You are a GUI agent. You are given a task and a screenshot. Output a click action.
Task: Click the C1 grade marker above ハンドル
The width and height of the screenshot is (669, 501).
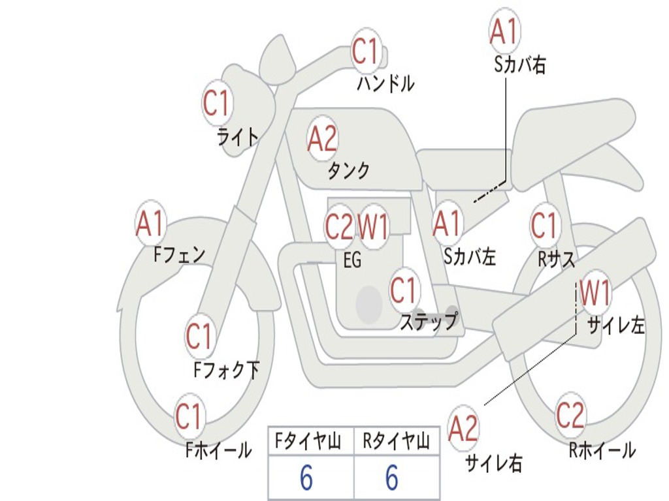pos(366,51)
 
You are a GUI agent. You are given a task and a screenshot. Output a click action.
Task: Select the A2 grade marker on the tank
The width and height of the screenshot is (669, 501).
pos(322,138)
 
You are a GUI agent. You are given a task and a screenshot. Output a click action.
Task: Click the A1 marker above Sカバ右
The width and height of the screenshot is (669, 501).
pos(504,31)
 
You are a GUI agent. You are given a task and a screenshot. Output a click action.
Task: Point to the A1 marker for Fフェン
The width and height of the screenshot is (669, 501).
pos(151,224)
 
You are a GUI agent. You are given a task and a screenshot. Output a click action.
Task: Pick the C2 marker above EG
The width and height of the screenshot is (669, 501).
pos(339,226)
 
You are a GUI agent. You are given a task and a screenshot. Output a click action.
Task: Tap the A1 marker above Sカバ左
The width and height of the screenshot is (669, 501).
pos(448,224)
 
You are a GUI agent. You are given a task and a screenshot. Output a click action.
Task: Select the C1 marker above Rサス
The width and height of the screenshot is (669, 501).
pos(544,226)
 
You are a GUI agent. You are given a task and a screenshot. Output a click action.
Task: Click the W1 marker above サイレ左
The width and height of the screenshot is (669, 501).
pos(595,294)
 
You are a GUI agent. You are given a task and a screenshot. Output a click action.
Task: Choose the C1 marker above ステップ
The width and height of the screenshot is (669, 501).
pos(404,290)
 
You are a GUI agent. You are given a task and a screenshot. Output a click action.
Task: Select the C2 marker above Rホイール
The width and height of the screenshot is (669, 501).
pos(570,414)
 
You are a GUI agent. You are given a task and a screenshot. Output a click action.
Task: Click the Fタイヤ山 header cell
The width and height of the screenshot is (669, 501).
pos(310,442)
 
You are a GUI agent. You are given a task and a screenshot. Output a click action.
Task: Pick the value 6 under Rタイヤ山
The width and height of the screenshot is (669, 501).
pos(392,479)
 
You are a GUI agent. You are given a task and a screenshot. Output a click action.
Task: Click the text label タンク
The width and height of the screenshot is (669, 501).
pos(348,171)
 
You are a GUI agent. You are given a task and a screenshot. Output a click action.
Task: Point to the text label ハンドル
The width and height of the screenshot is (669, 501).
pos(385,83)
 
